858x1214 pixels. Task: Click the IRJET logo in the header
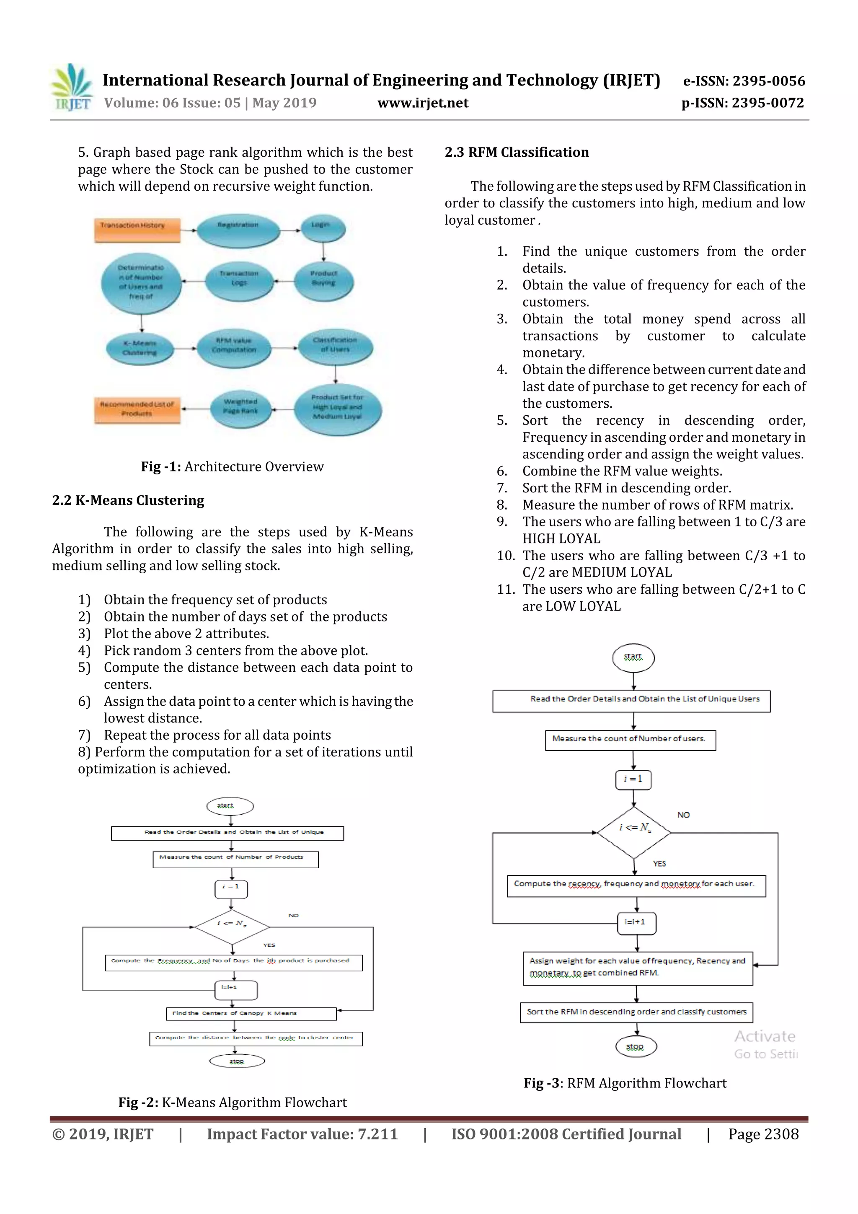point(71,88)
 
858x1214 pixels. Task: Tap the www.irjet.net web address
point(422,103)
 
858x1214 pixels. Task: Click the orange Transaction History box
point(137,230)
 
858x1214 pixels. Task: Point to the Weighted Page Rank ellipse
point(241,409)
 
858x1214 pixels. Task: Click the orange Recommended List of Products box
point(137,410)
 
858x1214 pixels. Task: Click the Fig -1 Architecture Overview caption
point(232,466)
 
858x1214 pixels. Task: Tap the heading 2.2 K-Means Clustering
point(128,500)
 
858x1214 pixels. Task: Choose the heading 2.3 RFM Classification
point(517,152)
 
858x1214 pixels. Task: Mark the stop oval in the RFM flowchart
point(636,1046)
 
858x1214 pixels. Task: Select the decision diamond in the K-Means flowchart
point(232,927)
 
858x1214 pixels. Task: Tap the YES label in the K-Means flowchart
point(269,945)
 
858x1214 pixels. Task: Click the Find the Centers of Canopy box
point(251,1013)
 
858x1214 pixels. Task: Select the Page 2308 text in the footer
point(763,1134)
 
